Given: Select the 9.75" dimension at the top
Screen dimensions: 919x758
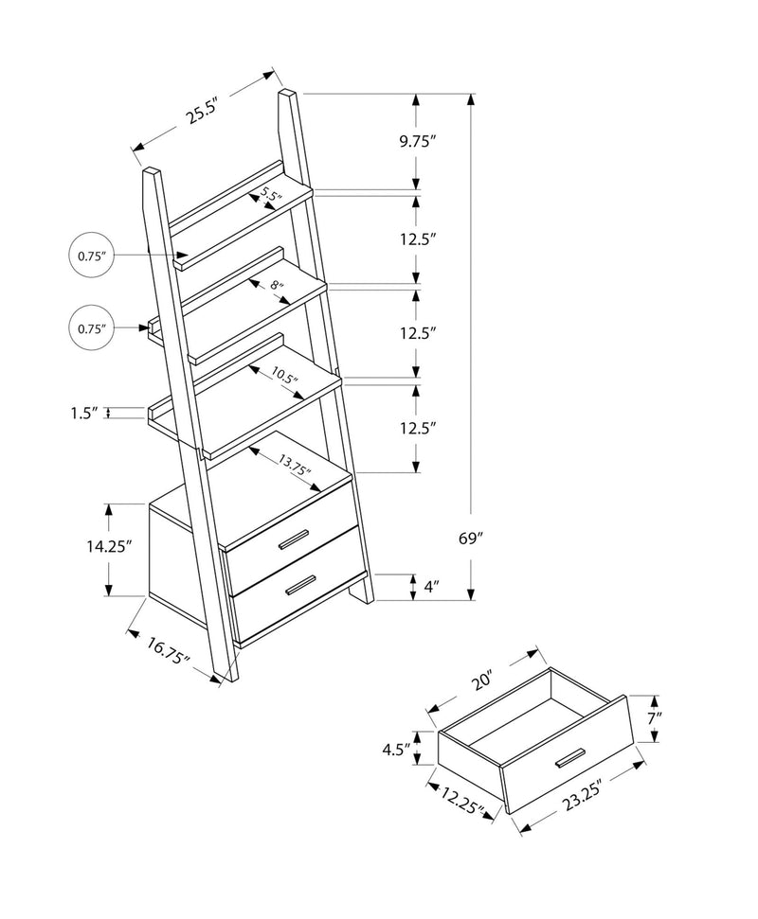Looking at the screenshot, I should point(416,142).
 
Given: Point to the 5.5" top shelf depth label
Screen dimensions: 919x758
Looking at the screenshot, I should point(271,197).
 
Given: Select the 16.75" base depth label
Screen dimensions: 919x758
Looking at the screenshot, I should point(169,652).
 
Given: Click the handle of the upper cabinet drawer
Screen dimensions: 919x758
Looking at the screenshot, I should point(293,540).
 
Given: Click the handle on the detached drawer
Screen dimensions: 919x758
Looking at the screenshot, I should point(571,761).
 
